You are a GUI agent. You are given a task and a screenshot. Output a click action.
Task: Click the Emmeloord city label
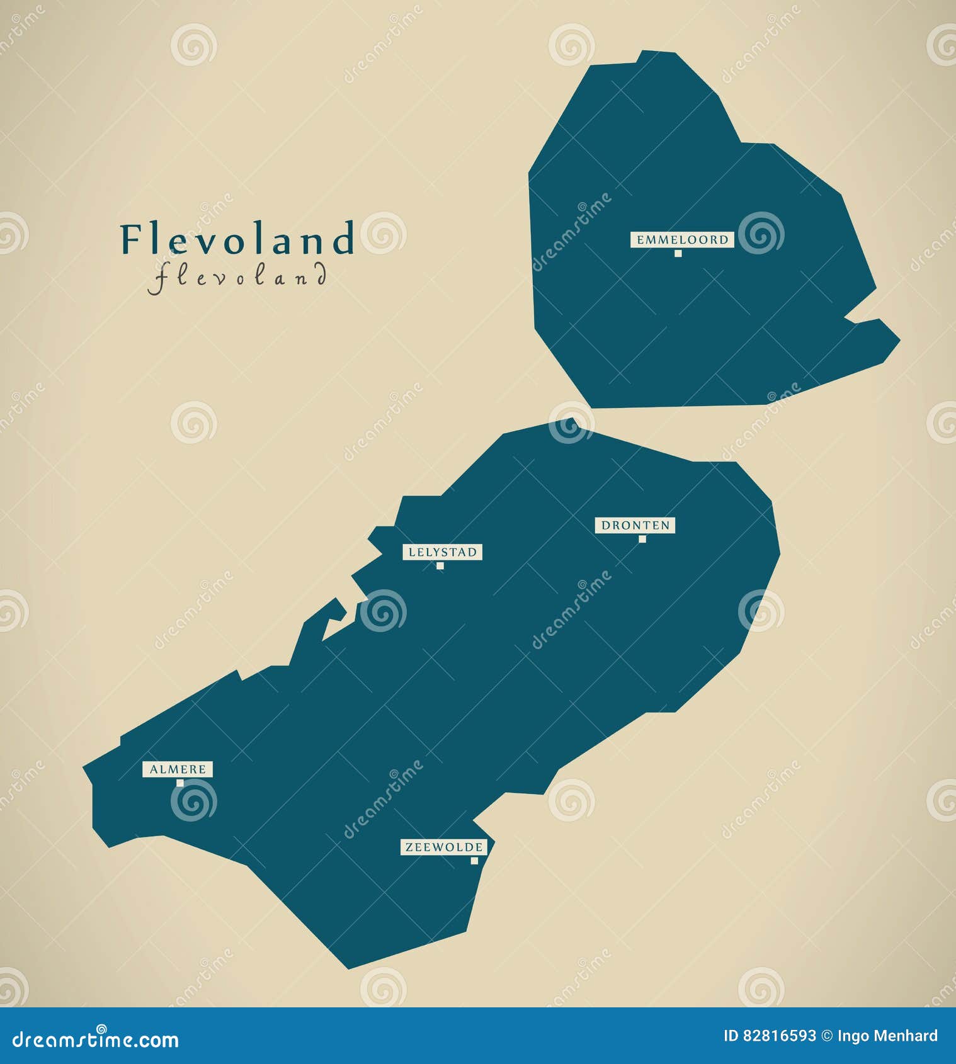click(682, 240)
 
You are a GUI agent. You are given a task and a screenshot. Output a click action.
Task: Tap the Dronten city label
click(635, 525)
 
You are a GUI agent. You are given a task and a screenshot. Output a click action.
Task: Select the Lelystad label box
click(442, 552)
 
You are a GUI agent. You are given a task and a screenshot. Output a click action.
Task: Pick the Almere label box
click(178, 769)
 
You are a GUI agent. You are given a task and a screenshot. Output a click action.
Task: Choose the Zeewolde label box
click(443, 847)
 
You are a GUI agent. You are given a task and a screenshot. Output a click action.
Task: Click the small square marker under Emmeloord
click(678, 253)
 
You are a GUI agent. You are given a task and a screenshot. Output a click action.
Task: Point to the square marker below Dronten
click(642, 539)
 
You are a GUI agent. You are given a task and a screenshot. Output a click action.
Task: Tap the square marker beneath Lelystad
click(440, 566)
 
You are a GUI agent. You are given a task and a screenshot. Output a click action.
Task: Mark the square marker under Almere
click(180, 783)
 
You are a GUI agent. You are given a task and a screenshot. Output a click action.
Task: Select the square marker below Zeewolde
click(474, 861)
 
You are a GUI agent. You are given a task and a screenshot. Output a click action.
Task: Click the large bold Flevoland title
click(238, 239)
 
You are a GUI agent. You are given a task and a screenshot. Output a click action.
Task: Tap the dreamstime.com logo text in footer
click(96, 1039)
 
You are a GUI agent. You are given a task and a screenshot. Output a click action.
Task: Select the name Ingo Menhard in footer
click(887, 1036)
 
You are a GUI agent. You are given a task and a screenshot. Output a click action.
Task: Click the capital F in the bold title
click(130, 239)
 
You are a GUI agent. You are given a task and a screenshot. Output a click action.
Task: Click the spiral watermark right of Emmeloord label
click(761, 233)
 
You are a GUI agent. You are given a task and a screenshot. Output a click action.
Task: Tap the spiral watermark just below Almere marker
click(193, 800)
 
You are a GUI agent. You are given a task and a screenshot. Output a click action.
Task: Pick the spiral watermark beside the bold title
click(383, 233)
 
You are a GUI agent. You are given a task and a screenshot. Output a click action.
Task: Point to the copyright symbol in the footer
click(827, 1036)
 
